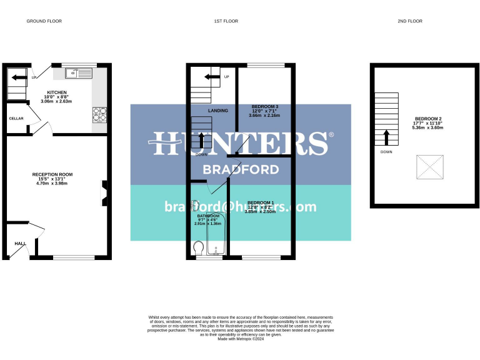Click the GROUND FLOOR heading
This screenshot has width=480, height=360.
point(44,21)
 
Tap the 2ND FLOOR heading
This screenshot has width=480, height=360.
point(410,21)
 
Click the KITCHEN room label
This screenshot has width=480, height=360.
point(57,92)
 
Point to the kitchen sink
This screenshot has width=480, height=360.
point(78,74)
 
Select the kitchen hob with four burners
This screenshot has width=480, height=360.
point(99,114)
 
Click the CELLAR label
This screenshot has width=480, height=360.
point(16,118)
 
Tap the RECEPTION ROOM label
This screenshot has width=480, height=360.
point(52,174)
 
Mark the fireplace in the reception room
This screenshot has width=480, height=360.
point(104,193)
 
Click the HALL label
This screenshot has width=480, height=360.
point(19,244)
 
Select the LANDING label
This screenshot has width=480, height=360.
point(218,111)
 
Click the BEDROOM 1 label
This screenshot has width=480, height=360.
point(261,202)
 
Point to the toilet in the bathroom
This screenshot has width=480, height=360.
point(199,249)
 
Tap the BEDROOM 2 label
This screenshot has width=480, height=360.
point(427,119)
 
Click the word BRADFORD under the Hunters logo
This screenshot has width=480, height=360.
point(240,169)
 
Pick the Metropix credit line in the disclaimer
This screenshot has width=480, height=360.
point(241,339)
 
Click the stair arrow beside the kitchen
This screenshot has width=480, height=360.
point(19,77)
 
